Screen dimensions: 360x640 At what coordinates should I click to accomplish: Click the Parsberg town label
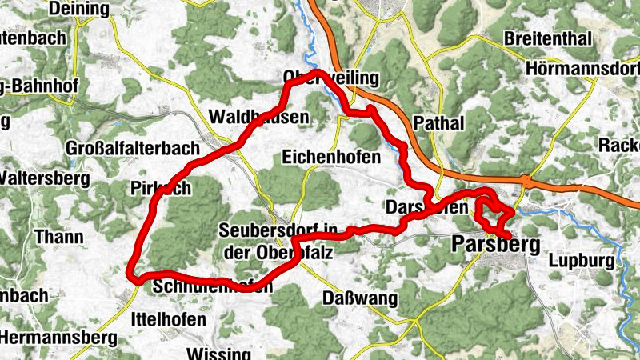(x=496, y=245)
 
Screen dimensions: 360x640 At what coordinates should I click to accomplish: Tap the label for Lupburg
(x=582, y=261)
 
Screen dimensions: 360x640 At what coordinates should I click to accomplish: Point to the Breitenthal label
(x=548, y=39)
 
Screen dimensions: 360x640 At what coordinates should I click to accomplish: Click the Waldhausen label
(x=258, y=117)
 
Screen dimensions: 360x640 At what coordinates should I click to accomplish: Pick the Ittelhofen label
(x=167, y=319)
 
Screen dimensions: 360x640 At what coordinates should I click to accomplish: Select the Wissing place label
(x=213, y=353)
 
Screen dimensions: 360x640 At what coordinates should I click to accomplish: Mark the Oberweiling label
(x=320, y=77)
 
